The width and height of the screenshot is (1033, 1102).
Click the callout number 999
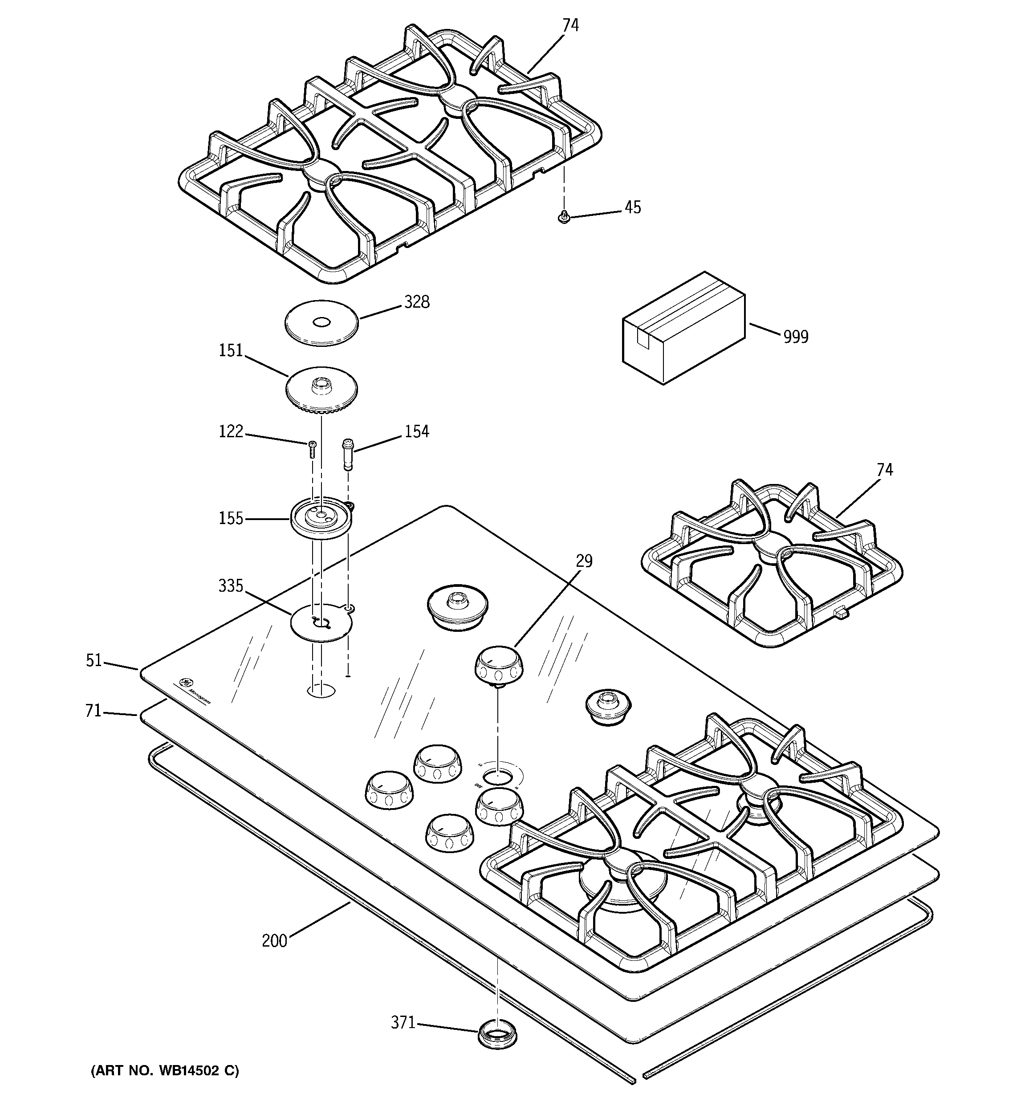click(795, 337)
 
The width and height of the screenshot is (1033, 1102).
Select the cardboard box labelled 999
click(683, 329)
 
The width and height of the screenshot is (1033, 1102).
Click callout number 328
click(416, 302)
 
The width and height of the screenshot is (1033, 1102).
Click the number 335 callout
click(231, 586)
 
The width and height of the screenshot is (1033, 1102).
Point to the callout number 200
click(274, 941)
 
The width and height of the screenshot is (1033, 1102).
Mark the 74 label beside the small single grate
click(885, 470)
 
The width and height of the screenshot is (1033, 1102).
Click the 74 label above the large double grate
click(570, 25)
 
